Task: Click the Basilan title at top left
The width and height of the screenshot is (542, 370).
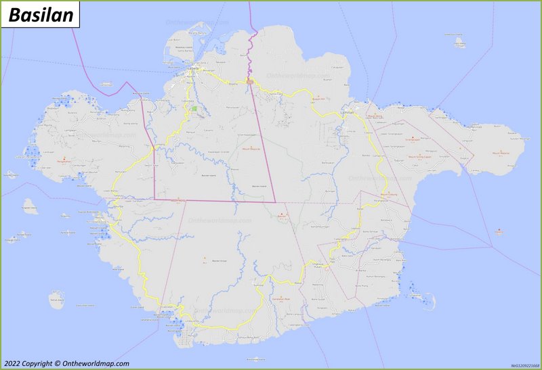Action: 41,15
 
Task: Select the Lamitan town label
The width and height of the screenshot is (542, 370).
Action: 348,112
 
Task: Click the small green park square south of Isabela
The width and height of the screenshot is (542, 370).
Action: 194,108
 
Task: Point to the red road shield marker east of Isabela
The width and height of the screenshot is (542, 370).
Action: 250,82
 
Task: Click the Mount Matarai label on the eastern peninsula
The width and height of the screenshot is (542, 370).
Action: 501,154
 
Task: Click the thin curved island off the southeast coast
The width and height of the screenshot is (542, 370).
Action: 425,298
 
